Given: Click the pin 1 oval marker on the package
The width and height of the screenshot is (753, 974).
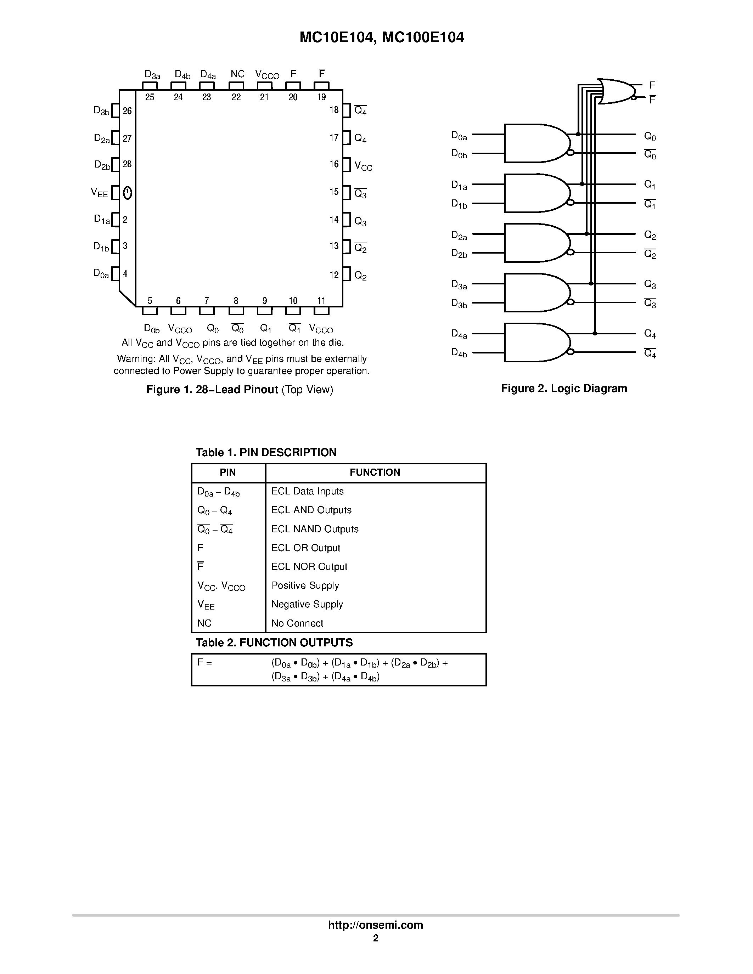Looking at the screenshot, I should (x=128, y=193).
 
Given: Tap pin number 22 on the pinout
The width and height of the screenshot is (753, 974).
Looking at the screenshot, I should (x=236, y=97).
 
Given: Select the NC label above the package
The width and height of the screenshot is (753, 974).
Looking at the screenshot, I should (x=237, y=74).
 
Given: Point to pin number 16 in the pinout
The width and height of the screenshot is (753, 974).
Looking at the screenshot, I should (x=334, y=164).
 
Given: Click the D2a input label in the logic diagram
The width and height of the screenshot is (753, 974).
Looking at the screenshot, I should (x=459, y=236).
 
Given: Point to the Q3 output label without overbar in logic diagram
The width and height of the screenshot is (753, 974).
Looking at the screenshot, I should (x=650, y=284).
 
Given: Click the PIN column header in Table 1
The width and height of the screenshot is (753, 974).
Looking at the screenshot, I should (x=227, y=472).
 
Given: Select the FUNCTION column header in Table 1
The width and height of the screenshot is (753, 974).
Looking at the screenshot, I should (x=375, y=472).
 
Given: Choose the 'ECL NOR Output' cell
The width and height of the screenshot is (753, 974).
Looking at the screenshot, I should (x=309, y=566).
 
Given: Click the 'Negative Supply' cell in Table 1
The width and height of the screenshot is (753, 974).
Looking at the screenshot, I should (x=307, y=604).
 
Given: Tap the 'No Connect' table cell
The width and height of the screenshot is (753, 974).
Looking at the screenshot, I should (x=297, y=623).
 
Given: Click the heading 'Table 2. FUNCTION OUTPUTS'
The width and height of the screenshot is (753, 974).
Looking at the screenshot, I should (x=274, y=642).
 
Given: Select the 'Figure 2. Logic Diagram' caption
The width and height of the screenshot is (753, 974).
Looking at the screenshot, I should (x=564, y=389).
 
